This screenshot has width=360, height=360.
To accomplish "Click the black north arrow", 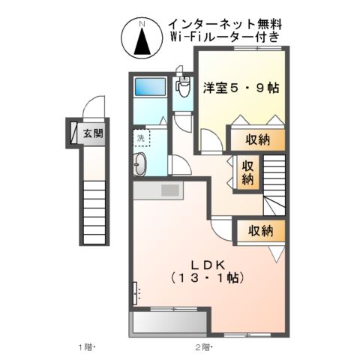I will pyautogui.click(x=142, y=45).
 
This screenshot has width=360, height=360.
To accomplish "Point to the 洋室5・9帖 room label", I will pyautogui.click(x=241, y=88).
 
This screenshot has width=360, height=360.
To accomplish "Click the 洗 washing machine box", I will pyautogui.click(x=141, y=138).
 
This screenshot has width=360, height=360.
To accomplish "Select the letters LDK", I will pyautogui.click(x=208, y=264).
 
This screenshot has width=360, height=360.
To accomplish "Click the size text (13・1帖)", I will pyautogui.click(x=208, y=278).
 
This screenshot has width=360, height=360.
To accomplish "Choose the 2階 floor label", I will pyautogui.click(x=203, y=347).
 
